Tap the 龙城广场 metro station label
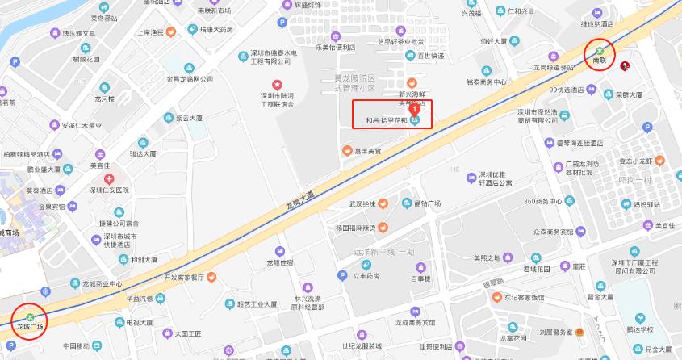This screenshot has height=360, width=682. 30,327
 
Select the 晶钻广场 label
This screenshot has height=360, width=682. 426,203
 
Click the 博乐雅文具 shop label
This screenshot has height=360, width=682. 79,34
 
